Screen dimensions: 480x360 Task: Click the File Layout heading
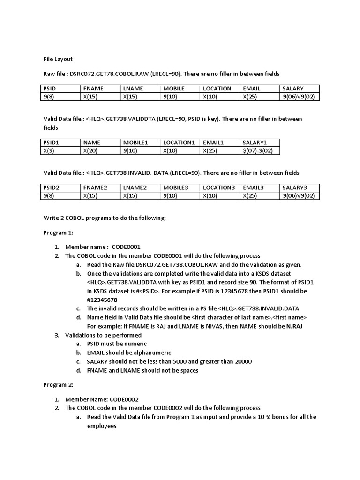58,59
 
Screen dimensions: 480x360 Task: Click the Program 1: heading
59,232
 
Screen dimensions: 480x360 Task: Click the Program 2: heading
59,385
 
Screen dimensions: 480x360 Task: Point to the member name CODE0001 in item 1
126,247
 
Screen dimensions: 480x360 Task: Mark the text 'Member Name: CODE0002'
102,399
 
